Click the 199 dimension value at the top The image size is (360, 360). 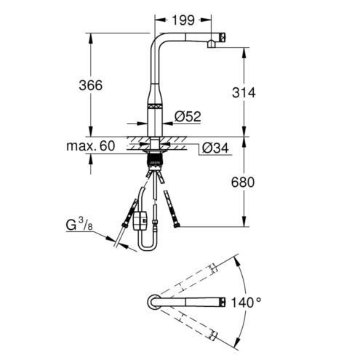(x=183, y=20)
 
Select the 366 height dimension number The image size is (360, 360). (x=91, y=85)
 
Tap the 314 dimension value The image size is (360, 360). (x=244, y=92)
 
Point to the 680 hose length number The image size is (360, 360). (x=243, y=183)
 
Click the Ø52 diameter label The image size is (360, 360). (x=188, y=116)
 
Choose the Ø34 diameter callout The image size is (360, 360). (x=215, y=148)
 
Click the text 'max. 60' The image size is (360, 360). (x=90, y=146)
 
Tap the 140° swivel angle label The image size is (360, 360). (x=247, y=303)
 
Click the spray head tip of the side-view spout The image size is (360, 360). (x=223, y=38)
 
